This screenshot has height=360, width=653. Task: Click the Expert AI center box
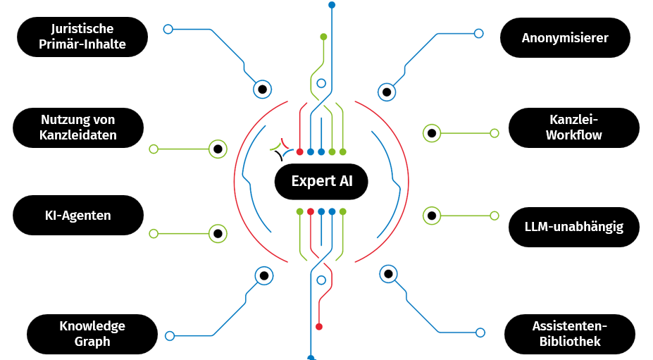tap(321, 181)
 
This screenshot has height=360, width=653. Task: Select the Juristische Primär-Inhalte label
tap(82, 37)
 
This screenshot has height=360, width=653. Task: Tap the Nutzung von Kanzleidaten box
tap(78, 128)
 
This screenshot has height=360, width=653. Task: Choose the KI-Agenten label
tap(78, 215)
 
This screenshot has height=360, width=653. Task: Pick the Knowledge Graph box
tap(92, 334)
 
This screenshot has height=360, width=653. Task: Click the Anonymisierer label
tap(565, 37)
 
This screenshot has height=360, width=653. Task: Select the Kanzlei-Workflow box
tap(573, 128)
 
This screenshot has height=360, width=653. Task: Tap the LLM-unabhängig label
tap(573, 227)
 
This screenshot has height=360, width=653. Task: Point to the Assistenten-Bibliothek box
tap(570, 334)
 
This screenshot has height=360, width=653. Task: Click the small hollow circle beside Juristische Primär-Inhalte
tap(168, 29)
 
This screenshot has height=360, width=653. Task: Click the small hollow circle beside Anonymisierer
tap(479, 33)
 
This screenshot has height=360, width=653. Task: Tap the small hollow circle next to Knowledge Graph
tap(169, 336)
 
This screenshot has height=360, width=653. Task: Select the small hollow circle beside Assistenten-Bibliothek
tap(480, 332)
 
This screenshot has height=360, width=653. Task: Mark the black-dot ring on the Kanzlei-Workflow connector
tap(431, 132)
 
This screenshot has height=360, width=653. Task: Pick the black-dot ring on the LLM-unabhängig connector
tap(431, 215)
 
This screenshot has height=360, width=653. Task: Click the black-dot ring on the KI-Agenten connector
tap(218, 233)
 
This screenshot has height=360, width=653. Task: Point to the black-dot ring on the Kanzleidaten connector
tap(218, 149)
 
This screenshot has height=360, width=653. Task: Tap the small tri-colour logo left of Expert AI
tap(280, 149)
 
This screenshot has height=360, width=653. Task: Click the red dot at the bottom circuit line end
tap(319, 326)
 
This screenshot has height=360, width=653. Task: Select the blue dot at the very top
tap(332, 5)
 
